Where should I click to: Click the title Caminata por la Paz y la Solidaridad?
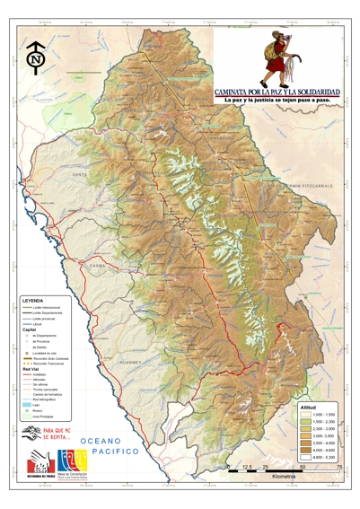(277, 92)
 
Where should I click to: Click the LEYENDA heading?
(33, 301)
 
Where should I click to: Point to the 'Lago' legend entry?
(37, 405)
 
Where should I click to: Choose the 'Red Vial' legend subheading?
(31, 368)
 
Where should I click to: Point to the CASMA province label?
(98, 266)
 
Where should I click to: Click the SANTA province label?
(80, 173)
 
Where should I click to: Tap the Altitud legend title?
(308, 408)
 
